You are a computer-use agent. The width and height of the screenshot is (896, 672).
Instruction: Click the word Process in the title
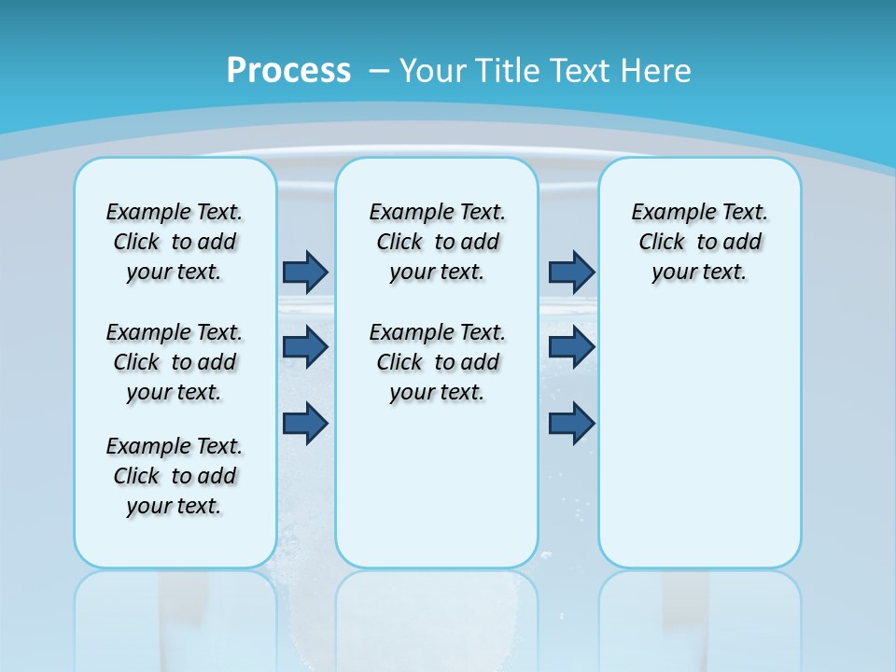coord(288,71)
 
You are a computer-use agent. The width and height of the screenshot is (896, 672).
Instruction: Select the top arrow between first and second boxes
coord(305,272)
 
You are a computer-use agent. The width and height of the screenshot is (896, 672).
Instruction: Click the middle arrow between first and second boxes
coord(305,347)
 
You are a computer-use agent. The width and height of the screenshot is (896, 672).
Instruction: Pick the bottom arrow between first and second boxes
coord(305,423)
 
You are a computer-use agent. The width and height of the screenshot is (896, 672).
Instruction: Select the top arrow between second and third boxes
coord(571,272)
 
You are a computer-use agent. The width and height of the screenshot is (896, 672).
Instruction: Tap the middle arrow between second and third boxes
coord(571,347)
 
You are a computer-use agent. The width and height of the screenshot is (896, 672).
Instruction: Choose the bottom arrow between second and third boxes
coord(571,423)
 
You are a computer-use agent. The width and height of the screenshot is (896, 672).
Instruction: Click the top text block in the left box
coord(175,242)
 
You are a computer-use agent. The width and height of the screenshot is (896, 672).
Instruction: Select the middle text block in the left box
coord(175,362)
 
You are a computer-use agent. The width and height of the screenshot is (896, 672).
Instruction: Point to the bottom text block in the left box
coord(175,476)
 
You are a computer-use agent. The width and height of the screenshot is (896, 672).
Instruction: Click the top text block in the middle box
coord(437,242)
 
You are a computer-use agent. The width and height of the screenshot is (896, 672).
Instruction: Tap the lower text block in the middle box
coord(437,362)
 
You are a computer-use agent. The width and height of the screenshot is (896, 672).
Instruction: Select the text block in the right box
coord(699,242)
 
